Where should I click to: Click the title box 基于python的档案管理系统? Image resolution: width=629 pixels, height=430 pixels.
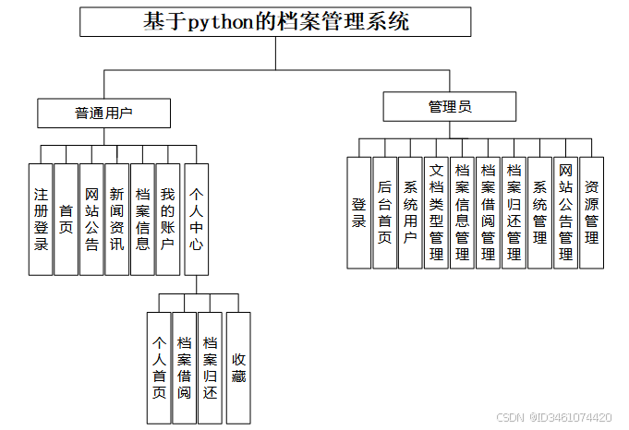pos(275,22)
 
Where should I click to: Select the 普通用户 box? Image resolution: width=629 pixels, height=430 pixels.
pos(103,113)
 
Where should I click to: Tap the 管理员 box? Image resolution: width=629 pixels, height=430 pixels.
pos(450,106)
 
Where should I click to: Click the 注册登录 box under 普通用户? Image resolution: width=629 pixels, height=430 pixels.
pos(41,219)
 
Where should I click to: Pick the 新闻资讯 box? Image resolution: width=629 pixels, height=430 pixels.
pos(116,219)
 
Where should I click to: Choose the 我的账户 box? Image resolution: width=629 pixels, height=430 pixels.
pos(167,219)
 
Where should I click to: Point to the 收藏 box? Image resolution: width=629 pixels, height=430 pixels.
pos(238,368)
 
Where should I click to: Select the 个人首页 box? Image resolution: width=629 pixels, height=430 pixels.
pos(159,368)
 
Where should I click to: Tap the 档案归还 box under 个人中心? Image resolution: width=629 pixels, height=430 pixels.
pos(211,368)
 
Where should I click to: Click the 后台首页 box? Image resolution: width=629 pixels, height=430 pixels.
pos(384,212)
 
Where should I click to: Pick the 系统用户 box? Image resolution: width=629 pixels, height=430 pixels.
pos(410,212)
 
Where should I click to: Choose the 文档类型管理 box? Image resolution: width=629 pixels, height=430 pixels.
pos(437,212)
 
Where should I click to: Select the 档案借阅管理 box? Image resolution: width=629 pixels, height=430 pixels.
pos(489,212)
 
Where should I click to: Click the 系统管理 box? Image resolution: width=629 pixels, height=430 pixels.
pos(540,212)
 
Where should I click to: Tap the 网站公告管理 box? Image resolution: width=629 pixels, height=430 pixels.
pos(565,212)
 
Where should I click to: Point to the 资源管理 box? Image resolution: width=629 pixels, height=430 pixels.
pos(591,212)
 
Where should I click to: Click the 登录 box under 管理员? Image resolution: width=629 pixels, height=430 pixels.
pos(358,212)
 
